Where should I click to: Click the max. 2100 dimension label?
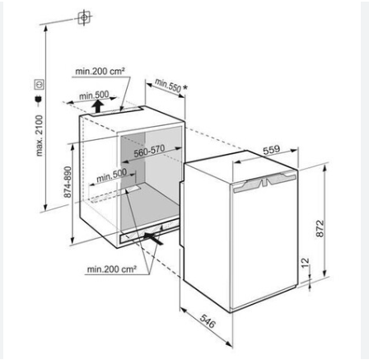[x=40, y=136]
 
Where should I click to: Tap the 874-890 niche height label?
[x=68, y=182]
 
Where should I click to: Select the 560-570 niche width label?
[x=149, y=151]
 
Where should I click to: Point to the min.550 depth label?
[x=168, y=85]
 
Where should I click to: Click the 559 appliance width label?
[x=271, y=150]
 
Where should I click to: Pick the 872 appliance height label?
[x=320, y=228]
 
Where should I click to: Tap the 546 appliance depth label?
[x=208, y=321]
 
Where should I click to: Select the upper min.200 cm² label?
[x=100, y=72]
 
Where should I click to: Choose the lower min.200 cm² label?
[x=112, y=269]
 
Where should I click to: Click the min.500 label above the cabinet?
[x=94, y=96]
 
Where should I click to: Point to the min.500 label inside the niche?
[x=112, y=175]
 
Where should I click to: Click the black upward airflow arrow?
[x=97, y=106]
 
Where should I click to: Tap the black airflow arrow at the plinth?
[x=153, y=237]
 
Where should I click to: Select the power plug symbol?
[x=38, y=101]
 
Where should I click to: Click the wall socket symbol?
[x=39, y=85]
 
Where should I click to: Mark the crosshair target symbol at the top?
[x=84, y=18]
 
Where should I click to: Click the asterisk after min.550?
[x=185, y=88]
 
